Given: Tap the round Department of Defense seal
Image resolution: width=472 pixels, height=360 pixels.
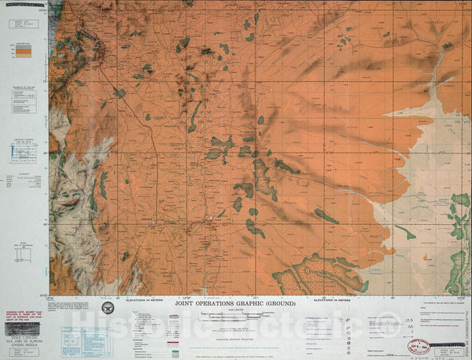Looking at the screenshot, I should (108, 307).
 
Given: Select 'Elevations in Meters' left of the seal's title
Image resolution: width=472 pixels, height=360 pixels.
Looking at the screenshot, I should (148, 299).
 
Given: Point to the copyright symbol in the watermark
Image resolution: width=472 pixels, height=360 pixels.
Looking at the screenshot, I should (391, 320).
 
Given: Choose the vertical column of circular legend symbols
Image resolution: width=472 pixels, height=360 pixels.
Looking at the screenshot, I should (348, 330).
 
